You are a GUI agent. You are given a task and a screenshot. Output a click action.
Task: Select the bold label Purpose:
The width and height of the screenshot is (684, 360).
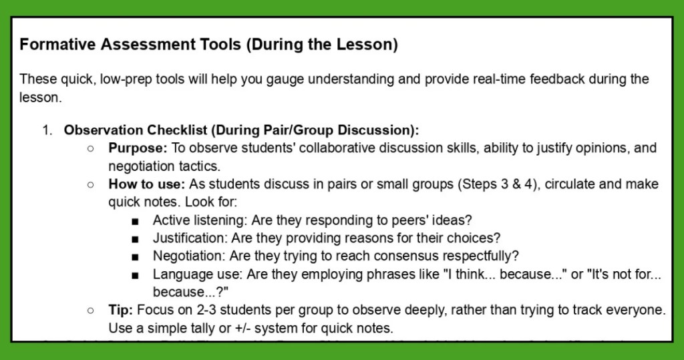pyautogui.click(x=136, y=148)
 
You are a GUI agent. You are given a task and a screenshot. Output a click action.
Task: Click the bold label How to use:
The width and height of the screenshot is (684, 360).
pyautogui.click(x=146, y=184)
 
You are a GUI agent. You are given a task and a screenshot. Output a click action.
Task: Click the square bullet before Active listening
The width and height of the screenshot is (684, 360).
pyautogui.click(x=136, y=220)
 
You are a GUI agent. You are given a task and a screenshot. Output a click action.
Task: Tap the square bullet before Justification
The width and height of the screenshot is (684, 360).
pyautogui.click(x=136, y=238)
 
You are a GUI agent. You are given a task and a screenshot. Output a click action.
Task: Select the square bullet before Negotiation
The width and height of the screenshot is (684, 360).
pyautogui.click(x=136, y=256)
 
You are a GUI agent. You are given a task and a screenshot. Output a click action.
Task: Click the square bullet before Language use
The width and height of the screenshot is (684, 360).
pyautogui.click(x=136, y=275)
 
